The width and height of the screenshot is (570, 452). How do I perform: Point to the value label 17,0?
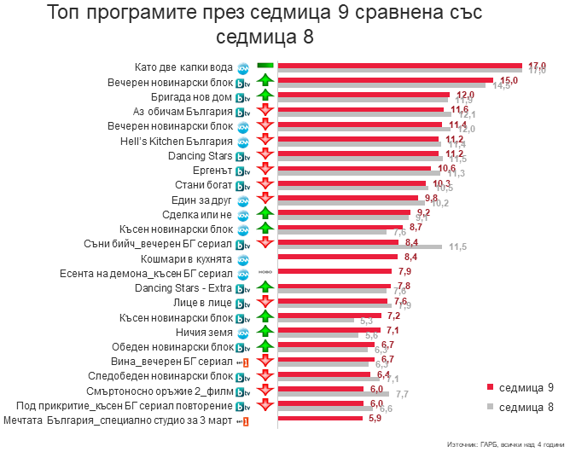pyautogui.click(x=537, y=66)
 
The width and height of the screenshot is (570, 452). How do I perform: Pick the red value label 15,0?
pyautogui.click(x=509, y=79)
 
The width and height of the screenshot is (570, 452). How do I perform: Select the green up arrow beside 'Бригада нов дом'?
pyautogui.click(x=265, y=96)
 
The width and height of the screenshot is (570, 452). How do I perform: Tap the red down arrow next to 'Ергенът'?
pyautogui.click(x=265, y=170)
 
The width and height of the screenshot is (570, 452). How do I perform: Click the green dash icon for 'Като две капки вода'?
pyautogui.click(x=265, y=67)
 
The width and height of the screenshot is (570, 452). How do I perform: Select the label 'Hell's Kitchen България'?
pyautogui.click(x=177, y=140)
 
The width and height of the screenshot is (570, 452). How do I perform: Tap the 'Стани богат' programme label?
pyautogui.click(x=205, y=184)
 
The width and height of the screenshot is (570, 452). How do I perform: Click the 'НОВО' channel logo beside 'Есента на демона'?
pyautogui.click(x=242, y=274)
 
